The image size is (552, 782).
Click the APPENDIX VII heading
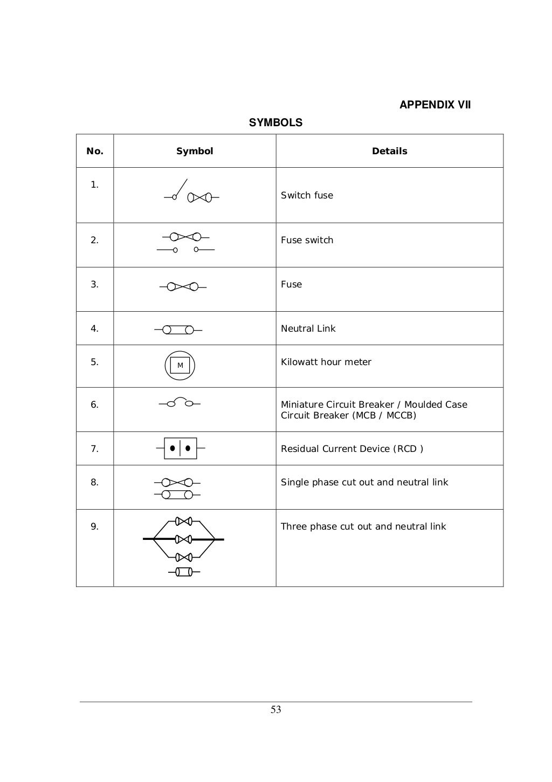pyautogui.click(x=434, y=105)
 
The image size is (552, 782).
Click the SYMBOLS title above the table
pyautogui.click(x=275, y=122)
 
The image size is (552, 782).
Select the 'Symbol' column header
pyautogui.click(x=195, y=151)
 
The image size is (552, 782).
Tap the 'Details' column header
pyautogui.click(x=389, y=151)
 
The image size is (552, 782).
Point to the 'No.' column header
pyautogui.click(x=95, y=151)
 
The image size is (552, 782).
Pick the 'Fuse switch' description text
pyautogui.click(x=307, y=240)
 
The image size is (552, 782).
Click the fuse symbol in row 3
pyautogui.click(x=183, y=286)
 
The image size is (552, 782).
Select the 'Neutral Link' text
pyautogui.click(x=308, y=328)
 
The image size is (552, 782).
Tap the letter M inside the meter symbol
pyautogui.click(x=180, y=366)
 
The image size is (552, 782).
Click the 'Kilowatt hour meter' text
pyautogui.click(x=326, y=362)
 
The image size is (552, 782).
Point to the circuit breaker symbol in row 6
pyautogui.click(x=180, y=402)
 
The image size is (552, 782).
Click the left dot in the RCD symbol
pyautogui.click(x=172, y=448)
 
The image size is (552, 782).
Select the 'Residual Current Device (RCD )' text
pyautogui.click(x=351, y=449)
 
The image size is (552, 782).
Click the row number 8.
pyautogui.click(x=94, y=482)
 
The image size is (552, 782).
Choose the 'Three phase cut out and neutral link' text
pyautogui.click(x=363, y=526)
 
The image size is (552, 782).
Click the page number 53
pyautogui.click(x=275, y=710)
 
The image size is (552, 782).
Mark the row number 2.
pyautogui.click(x=94, y=240)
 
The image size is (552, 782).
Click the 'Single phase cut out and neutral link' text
pyautogui.click(x=364, y=482)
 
